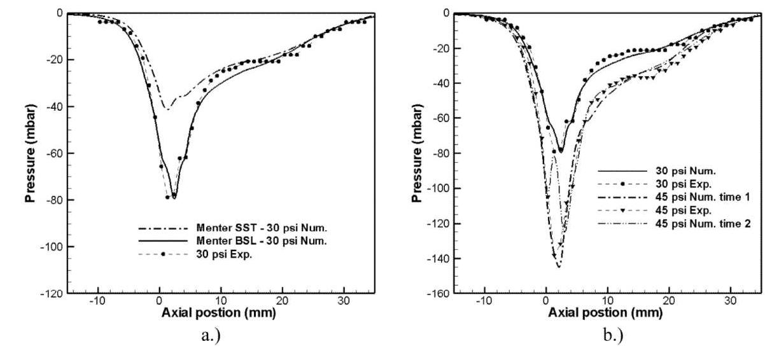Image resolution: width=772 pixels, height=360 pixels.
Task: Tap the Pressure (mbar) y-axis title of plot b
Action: coord(418,153)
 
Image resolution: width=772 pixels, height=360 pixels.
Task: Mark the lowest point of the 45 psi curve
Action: coord(559,267)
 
